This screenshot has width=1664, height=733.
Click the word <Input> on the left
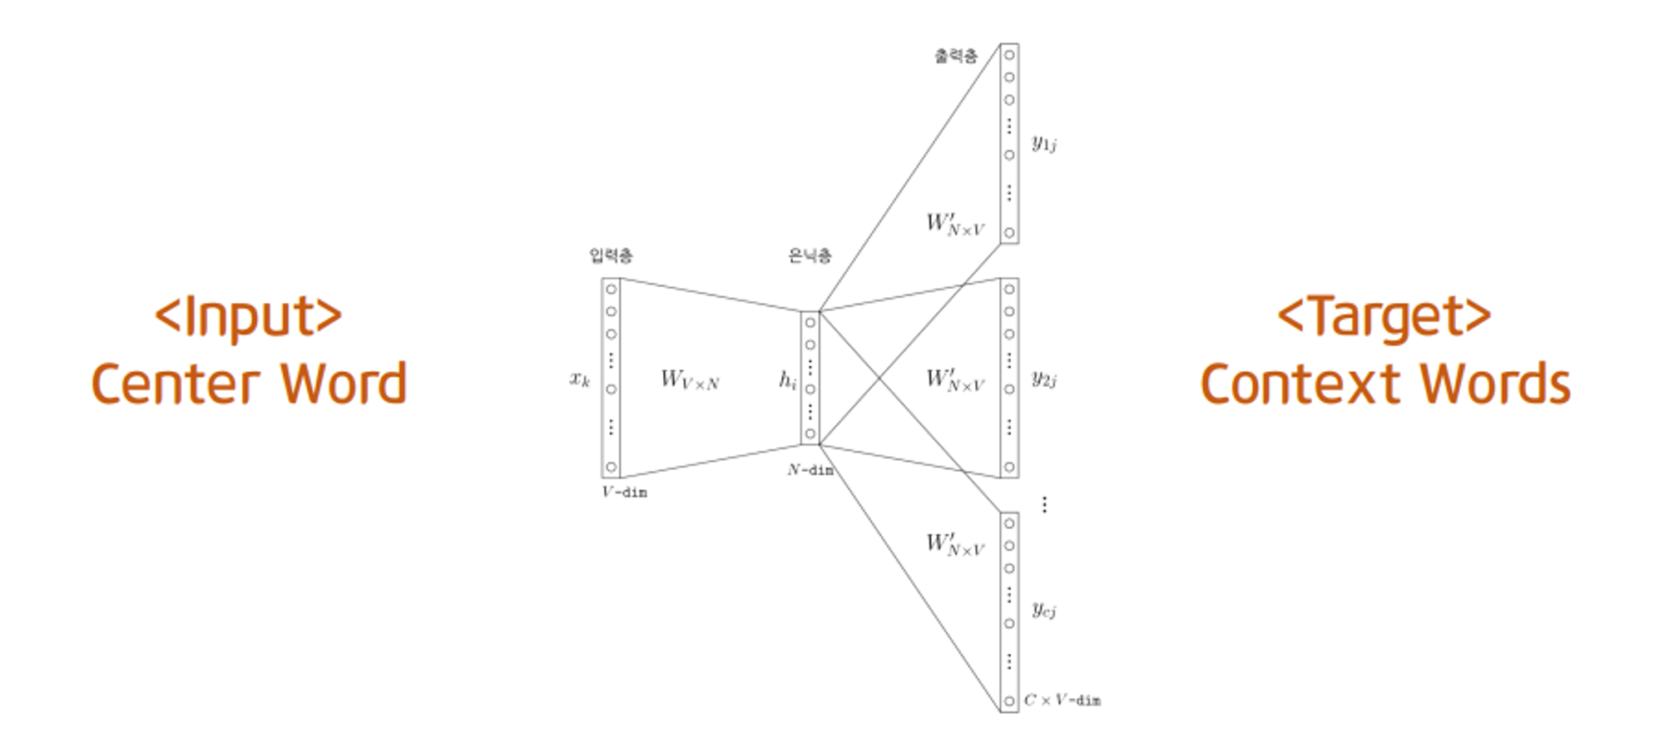coord(248,316)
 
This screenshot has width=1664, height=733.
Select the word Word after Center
coord(343,384)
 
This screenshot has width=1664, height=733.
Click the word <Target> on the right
coord(1384,316)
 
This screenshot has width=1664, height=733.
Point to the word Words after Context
coord(1494,384)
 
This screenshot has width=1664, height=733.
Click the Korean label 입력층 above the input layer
coord(611,255)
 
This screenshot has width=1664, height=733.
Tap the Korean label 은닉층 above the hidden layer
coord(810,255)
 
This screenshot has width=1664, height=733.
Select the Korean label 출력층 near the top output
coord(956,56)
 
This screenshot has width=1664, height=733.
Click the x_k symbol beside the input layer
coord(580,379)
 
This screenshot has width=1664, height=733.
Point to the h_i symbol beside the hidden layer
coord(787,380)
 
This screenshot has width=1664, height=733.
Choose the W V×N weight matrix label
coord(690,379)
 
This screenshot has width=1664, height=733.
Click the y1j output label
coord(1044,143)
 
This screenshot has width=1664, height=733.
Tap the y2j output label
coord(1044,379)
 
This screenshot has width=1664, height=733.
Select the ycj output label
coord(1044,610)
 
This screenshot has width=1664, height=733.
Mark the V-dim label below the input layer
coord(624,492)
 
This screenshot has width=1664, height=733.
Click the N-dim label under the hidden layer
coord(810,470)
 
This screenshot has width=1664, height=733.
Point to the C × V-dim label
coord(1062,701)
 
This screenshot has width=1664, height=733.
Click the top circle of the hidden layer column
coord(810,323)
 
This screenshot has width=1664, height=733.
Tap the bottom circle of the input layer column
coord(612,467)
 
